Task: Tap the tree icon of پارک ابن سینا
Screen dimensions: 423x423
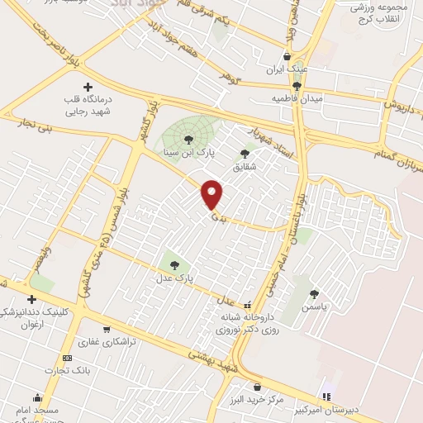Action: pyautogui.click(x=189, y=139)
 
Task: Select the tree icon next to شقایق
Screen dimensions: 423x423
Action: pyautogui.click(x=245, y=153)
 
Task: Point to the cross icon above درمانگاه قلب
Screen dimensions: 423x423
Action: pyautogui.click(x=88, y=87)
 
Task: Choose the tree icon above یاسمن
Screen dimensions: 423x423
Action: pyautogui.click(x=314, y=292)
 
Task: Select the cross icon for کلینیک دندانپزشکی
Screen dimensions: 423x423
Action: pyautogui.click(x=31, y=299)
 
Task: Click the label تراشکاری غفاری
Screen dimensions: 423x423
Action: pyautogui.click(x=107, y=340)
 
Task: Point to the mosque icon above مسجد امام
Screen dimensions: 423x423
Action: pyautogui.click(x=36, y=397)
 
